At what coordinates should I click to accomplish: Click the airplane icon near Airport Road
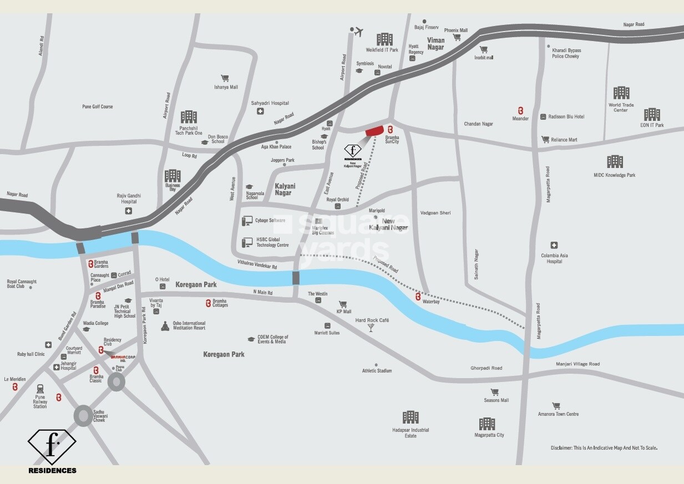pos(358,32)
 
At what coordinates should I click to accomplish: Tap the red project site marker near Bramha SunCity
pos(375,130)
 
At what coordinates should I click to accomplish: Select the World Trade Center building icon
pos(621,93)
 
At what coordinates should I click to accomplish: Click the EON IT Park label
pos(652,125)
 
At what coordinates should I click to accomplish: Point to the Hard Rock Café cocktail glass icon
pos(371,328)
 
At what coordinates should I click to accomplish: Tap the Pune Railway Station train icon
pos(40,389)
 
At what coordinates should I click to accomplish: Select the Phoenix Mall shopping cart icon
pos(457,38)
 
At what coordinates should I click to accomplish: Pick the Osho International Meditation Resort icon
pos(165,326)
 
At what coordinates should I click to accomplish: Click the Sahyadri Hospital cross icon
pos(260,111)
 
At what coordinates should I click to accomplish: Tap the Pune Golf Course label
pos(98,106)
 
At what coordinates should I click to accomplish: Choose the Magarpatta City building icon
pos(487,424)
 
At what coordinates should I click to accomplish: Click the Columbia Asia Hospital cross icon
pos(554,245)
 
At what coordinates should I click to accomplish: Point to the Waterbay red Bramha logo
pos(418,297)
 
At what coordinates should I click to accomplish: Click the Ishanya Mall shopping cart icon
pos(225,78)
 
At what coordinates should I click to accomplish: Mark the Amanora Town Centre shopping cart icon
pos(556,406)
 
